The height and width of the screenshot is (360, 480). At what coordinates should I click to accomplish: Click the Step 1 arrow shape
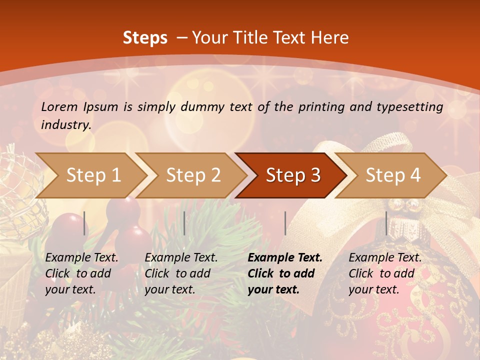[90, 175]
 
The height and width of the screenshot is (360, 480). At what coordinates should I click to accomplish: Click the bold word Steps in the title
[145, 37]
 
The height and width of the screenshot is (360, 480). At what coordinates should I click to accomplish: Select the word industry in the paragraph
[65, 124]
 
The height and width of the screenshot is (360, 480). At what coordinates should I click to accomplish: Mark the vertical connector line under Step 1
[84, 223]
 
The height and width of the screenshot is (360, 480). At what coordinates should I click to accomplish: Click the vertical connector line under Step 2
[184, 223]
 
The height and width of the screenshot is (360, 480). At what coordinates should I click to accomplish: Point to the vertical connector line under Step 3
[285, 223]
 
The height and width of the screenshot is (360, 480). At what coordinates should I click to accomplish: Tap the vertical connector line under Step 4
[386, 223]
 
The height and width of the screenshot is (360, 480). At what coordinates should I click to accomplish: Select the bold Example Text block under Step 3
[284, 273]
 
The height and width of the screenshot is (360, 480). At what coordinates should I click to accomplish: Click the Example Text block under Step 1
[81, 273]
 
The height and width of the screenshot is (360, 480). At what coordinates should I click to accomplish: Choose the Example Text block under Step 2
[181, 273]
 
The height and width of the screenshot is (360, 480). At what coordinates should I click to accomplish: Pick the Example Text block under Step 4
[385, 273]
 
